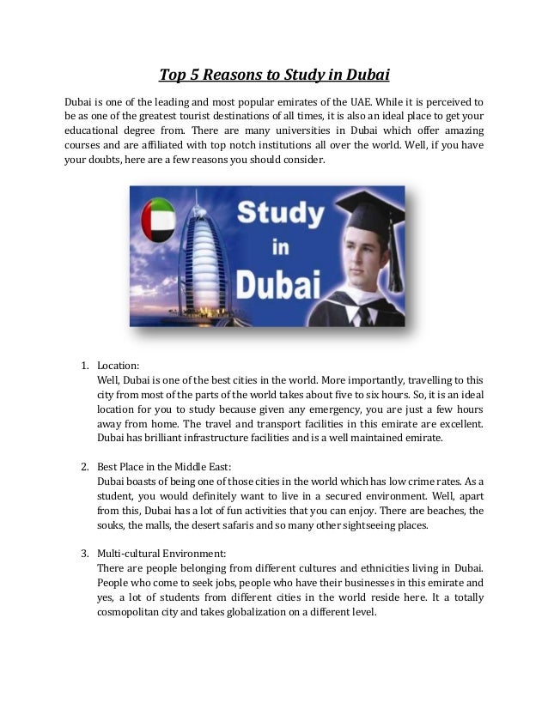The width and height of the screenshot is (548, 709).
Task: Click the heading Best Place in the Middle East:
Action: pos(164,468)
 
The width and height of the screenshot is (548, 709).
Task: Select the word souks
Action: pos(111,524)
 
